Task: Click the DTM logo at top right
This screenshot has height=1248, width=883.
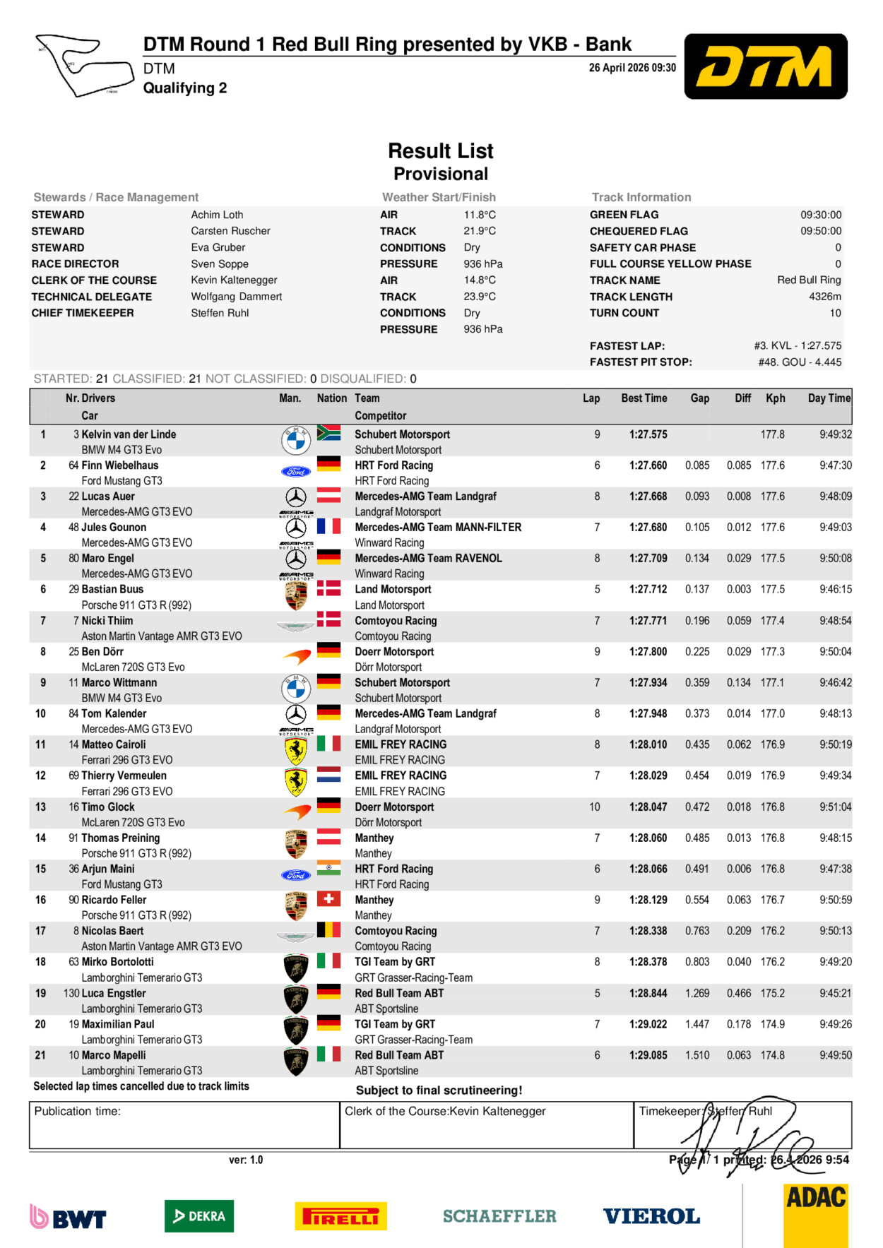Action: coord(766,66)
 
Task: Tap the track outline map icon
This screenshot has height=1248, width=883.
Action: coord(84,65)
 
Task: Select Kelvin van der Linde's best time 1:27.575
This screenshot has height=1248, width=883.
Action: coord(648,434)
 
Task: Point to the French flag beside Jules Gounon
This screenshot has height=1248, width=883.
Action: coord(328,526)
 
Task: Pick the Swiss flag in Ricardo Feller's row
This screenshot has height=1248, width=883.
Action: coord(328,898)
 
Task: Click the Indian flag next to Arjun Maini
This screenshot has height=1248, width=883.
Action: coord(328,867)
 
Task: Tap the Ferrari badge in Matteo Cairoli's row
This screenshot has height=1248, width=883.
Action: coord(296,751)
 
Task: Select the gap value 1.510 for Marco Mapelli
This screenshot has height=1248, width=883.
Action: coord(697,1055)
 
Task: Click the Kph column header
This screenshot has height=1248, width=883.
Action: coord(775,398)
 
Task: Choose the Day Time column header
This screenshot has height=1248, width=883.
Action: coord(829,398)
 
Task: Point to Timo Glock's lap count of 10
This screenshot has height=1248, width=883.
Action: coord(595,807)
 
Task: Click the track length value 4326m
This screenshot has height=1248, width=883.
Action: coord(824,297)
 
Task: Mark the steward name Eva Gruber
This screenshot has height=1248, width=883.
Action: coord(218,247)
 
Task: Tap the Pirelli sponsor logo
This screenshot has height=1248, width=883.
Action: coord(340,1216)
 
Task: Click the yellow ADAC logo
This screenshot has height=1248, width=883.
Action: coord(816,1215)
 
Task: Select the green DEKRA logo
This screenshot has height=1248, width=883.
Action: coord(199,1216)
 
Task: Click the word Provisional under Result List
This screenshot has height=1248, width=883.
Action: coord(441,174)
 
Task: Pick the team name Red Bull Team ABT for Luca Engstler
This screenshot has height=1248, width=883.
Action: coord(399,993)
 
